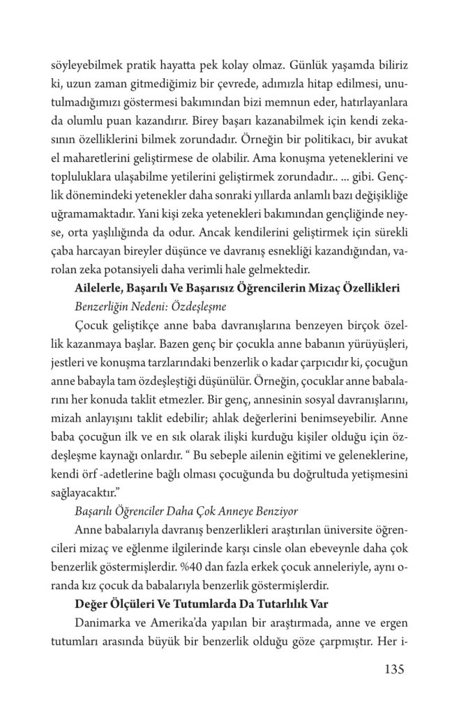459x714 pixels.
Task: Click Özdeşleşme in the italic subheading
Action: tap(183, 306)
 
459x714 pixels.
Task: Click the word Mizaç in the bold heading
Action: tap(308, 287)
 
